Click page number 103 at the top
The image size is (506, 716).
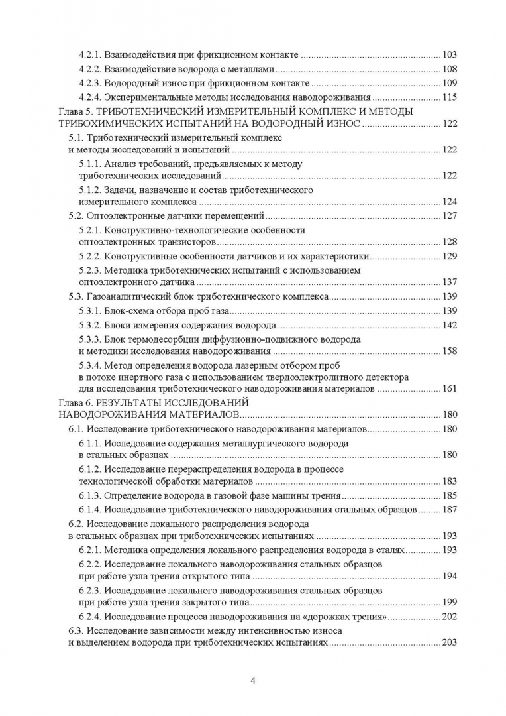click(449, 54)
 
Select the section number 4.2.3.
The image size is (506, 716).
click(89, 83)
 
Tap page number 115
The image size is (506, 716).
click(449, 97)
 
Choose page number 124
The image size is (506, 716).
click(449, 202)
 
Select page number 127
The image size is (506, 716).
click(449, 215)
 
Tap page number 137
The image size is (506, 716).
click(449, 282)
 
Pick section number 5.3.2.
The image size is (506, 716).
click(89, 325)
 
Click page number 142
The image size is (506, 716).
click(449, 325)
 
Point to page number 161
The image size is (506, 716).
click(449, 388)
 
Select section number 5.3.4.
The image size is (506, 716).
click(89, 365)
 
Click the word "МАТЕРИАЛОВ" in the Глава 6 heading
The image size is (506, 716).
click(205, 414)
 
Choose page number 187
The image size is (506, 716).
click(449, 510)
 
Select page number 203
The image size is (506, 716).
click(449, 643)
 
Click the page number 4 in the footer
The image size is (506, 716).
click(254, 681)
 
